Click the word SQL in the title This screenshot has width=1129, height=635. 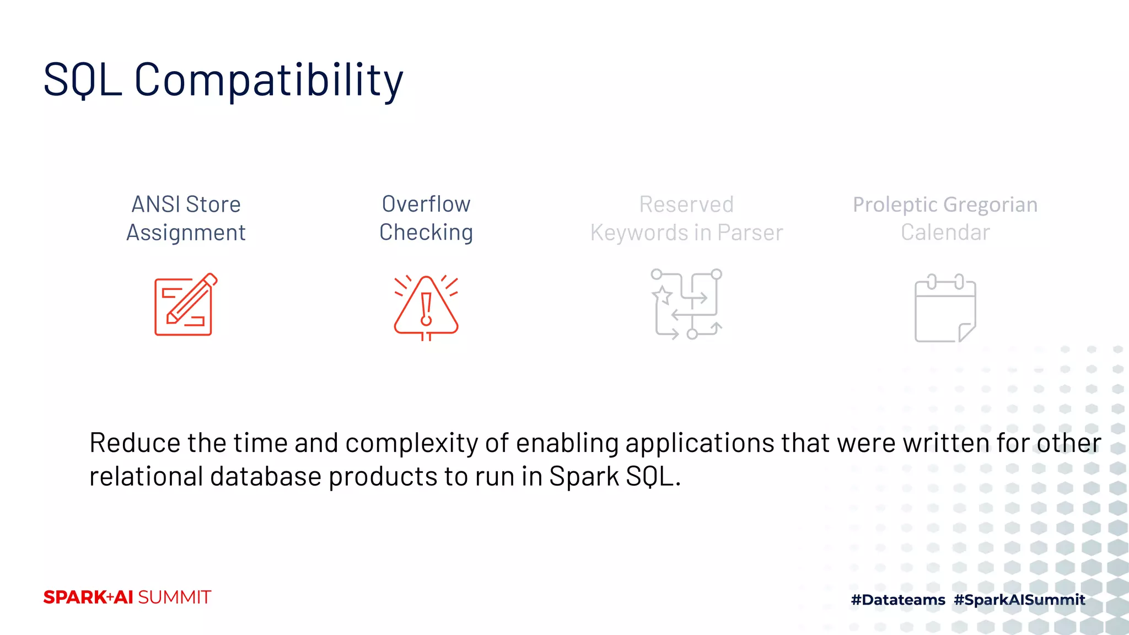pos(83,80)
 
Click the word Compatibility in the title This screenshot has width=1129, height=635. pos(268,80)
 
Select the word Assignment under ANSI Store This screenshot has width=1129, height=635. pos(186,233)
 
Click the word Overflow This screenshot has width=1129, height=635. pos(426,204)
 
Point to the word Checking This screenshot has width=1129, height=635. pos(426,233)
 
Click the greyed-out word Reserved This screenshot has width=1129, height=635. pos(686,205)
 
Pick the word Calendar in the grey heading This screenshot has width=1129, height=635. pos(945,233)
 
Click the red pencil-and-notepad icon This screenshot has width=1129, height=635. pos(185,304)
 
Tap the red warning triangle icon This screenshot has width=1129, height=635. pos(426,307)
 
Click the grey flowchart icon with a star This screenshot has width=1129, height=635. pos(686,304)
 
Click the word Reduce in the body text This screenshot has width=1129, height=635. pos(135,443)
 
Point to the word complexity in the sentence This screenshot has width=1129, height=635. pos(411,443)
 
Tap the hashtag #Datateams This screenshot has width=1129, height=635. pos(897,600)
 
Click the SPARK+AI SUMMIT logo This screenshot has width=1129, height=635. pos(127,597)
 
